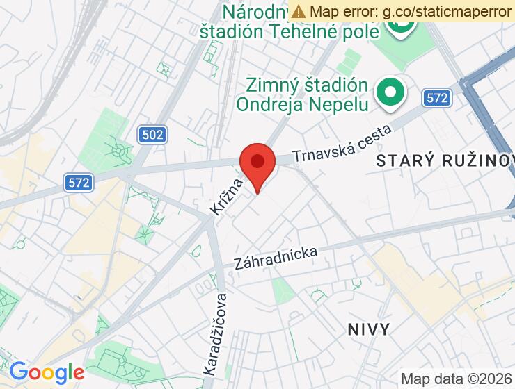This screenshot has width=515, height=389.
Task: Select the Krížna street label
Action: pos(228,195)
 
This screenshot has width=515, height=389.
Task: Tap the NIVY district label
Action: pos(369,329)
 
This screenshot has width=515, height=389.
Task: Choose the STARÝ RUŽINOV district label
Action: pos(444,161)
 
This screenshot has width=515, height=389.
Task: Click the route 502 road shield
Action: pos(152,134)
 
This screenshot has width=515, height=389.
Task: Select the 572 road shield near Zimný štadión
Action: pos(437,98)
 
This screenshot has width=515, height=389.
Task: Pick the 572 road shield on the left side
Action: pos(80,183)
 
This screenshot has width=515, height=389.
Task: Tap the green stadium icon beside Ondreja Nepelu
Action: pos(390,92)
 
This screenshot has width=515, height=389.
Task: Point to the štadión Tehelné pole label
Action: pos(290,31)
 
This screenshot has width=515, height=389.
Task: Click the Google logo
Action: pos(46,372)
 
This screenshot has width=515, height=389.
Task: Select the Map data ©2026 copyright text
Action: pos(456,379)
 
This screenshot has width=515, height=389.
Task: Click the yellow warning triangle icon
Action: pos(299,11)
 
